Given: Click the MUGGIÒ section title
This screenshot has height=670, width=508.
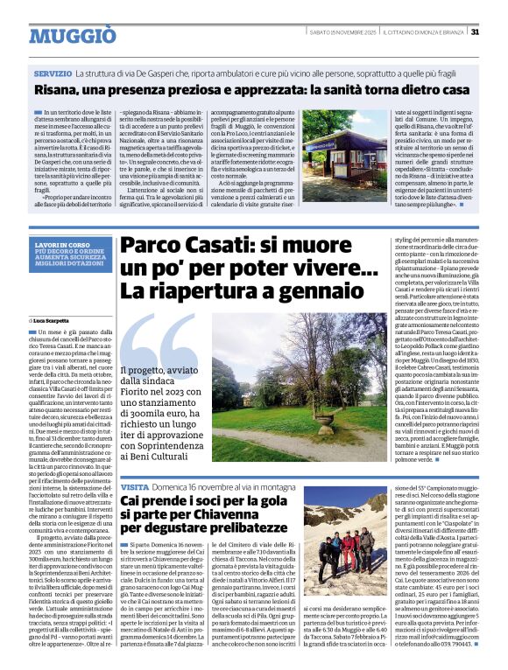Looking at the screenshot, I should pyautogui.click(x=72, y=35).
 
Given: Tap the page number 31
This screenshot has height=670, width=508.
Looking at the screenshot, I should pyautogui.click(x=474, y=32).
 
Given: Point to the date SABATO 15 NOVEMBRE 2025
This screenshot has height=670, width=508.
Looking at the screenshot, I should pyautogui.click(x=342, y=32).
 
